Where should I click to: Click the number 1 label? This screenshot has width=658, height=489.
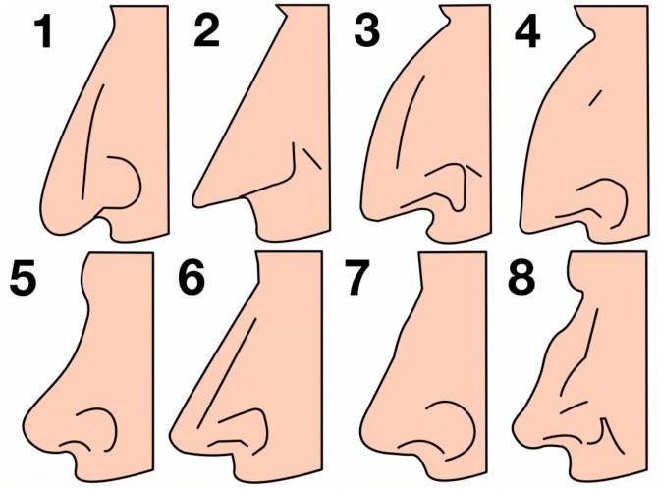point(43,32)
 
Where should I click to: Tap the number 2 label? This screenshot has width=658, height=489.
point(206,31)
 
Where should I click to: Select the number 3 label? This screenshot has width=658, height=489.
point(367,31)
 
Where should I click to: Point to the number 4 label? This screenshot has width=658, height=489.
point(527,32)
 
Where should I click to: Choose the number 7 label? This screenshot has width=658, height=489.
point(356,278)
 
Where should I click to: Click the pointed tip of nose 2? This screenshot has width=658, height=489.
point(194,203)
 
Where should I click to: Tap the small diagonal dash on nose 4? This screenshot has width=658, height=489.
point(596,98)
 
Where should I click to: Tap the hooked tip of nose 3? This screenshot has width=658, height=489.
point(364,213)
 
